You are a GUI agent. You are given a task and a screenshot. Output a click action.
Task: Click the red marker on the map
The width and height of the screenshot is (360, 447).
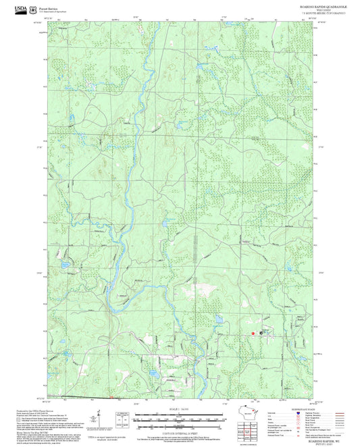point(253,333)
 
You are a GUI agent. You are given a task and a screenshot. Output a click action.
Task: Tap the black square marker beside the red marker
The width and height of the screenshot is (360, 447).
point(261,332)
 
